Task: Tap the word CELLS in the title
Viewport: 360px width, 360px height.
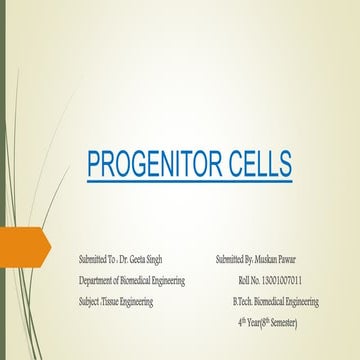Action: click(x=239, y=163)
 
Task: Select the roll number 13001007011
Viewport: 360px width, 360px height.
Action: click(x=290, y=280)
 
